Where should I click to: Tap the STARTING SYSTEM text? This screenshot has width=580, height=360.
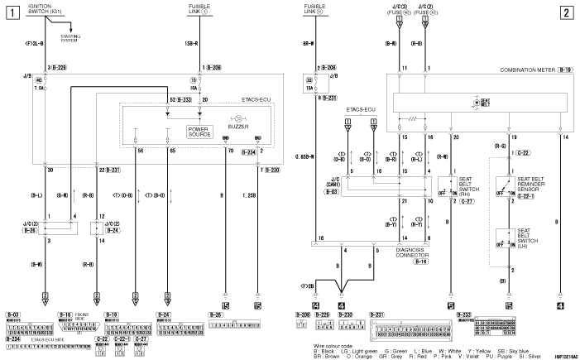coord(72,37)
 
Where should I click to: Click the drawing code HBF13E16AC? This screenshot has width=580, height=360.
coord(560,353)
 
